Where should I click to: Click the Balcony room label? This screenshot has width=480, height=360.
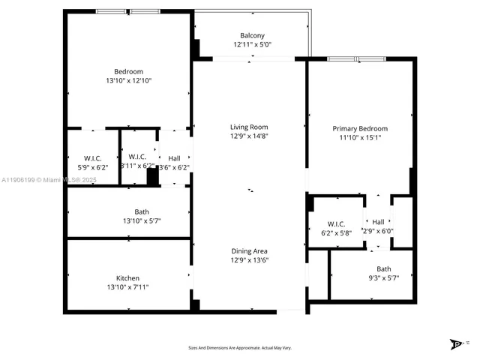252,36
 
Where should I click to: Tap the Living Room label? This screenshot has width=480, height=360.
249,127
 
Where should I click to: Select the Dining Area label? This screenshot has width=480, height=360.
249,251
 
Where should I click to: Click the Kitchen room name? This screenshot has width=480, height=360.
127,278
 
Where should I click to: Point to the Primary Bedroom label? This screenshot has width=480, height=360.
360,128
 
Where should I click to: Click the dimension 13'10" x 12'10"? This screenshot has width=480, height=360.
127,80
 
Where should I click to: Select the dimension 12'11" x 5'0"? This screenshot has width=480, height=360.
252,45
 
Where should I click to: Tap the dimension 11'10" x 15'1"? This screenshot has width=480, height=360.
360,137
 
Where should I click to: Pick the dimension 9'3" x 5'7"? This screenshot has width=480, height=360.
383,277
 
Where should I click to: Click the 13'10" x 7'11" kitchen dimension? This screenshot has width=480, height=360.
127,287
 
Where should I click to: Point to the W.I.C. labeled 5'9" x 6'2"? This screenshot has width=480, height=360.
93,167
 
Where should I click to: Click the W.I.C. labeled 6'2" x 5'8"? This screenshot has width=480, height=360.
335,233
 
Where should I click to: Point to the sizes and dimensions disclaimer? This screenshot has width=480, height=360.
239,348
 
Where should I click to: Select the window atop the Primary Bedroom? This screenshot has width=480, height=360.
357,58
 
